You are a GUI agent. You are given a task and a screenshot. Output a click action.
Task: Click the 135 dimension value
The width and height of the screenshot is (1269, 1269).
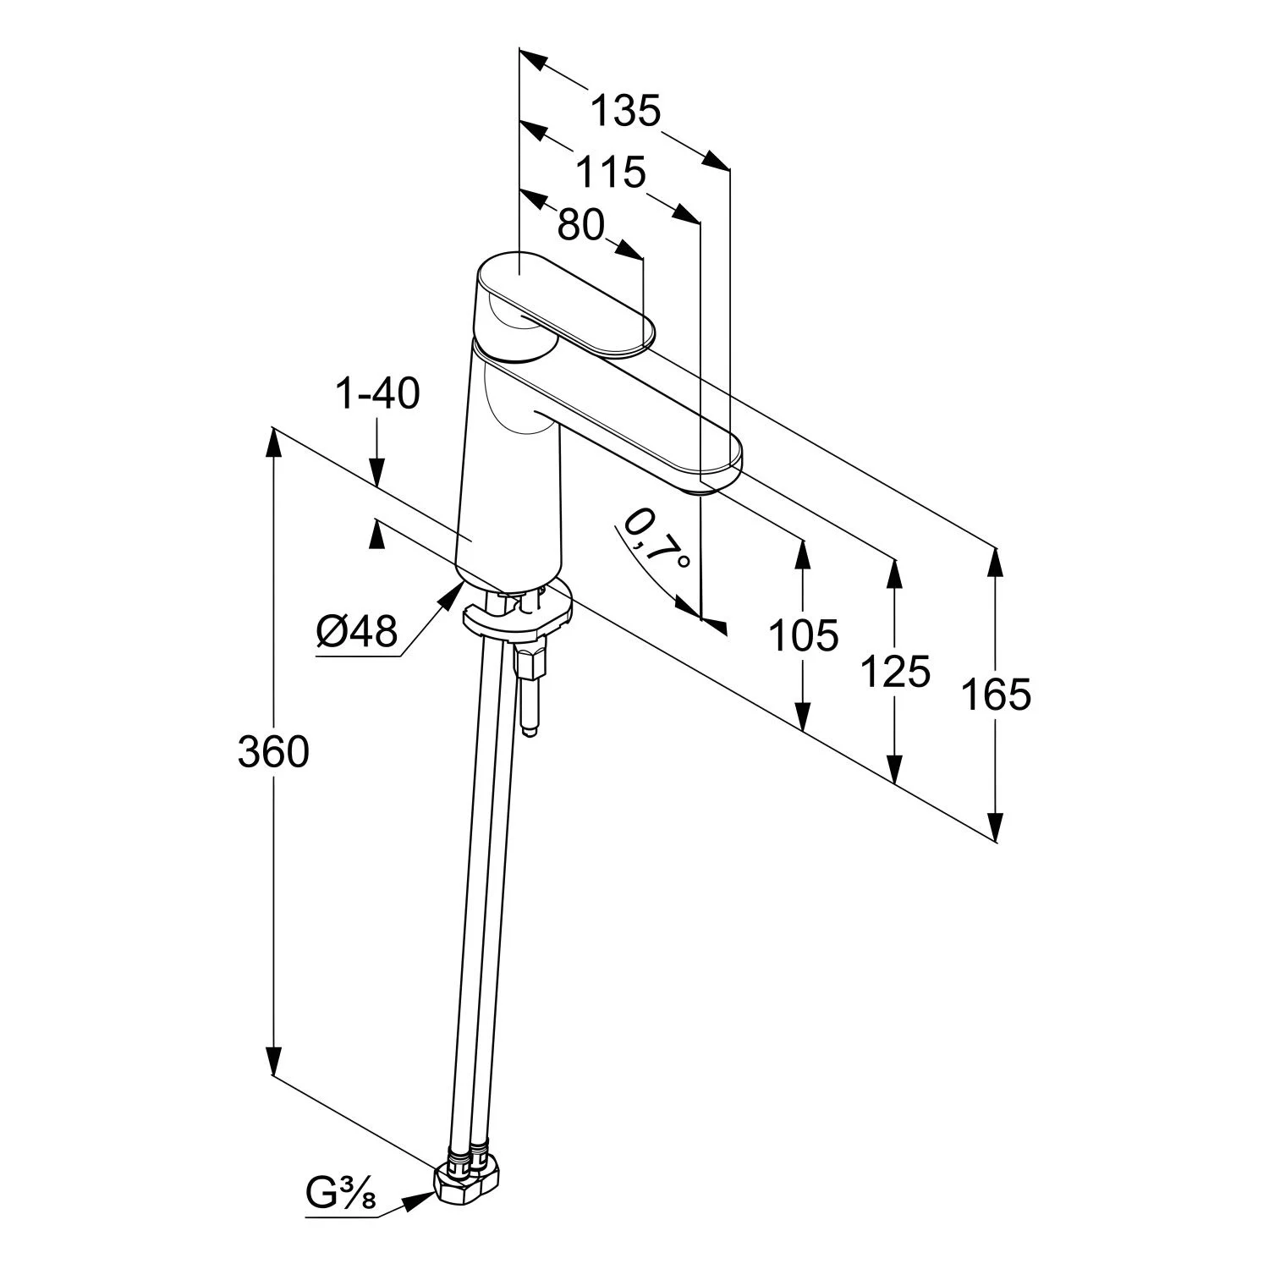pos(625,111)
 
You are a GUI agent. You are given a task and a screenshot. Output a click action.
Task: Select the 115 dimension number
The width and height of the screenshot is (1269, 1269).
pos(611,173)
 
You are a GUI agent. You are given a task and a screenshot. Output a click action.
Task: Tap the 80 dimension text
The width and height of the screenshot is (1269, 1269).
pos(582,225)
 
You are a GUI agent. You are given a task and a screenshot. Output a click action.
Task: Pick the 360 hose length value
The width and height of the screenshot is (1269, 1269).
pos(273,751)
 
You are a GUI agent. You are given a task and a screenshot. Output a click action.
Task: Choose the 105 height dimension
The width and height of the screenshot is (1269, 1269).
pos(803,635)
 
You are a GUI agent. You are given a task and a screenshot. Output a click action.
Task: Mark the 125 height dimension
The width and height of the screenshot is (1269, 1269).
pos(895,673)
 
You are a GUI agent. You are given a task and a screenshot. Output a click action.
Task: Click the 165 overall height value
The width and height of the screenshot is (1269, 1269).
pos(997,695)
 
